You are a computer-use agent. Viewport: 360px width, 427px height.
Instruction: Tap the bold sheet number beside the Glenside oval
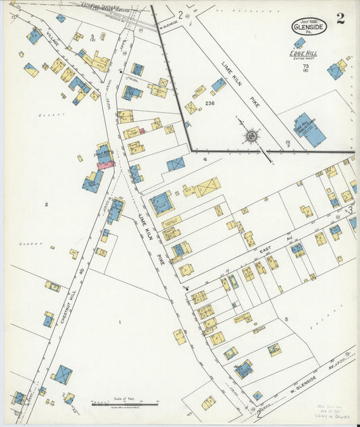pos(340,18)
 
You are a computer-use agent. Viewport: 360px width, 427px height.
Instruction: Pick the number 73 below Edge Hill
pos(306,66)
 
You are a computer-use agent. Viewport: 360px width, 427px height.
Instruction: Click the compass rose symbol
pos(251,136)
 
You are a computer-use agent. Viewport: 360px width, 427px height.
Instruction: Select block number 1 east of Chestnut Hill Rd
pos(120,322)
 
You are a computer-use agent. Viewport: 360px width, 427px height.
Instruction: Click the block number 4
pos(204,160)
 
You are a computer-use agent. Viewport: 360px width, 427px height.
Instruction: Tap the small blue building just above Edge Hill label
pos(299,43)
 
